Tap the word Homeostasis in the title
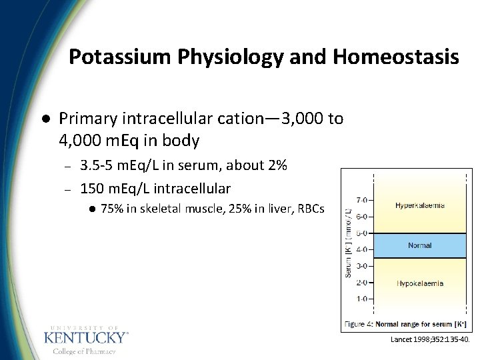(396, 57)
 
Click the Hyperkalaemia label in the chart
(419, 205)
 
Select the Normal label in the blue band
(419, 245)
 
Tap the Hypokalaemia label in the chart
(419, 283)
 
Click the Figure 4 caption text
(406, 324)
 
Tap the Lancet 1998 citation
(430, 339)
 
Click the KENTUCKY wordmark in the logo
(86, 338)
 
